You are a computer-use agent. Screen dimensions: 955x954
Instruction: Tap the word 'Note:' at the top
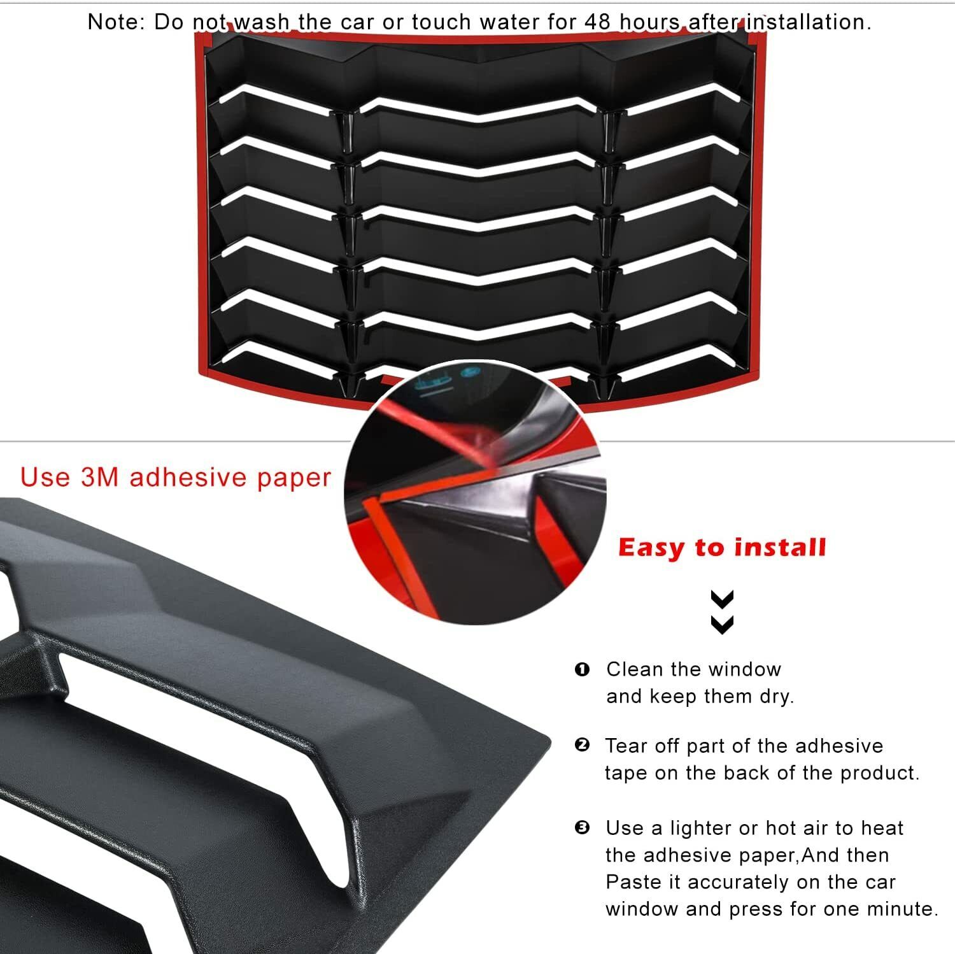pyautogui.click(x=117, y=22)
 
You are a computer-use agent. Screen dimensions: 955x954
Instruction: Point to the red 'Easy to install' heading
pyautogui.click(x=722, y=548)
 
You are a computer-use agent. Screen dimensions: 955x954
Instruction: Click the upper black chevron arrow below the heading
pyautogui.click(x=722, y=599)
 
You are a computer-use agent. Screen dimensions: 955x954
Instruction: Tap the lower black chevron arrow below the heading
pyautogui.click(x=722, y=624)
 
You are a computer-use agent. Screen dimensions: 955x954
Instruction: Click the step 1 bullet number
pyautogui.click(x=582, y=669)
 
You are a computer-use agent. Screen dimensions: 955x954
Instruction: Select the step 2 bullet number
pyautogui.click(x=582, y=745)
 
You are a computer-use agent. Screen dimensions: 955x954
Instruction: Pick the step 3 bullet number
pyautogui.click(x=582, y=828)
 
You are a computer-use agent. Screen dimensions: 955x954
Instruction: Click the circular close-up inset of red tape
pyautogui.click(x=475, y=492)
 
